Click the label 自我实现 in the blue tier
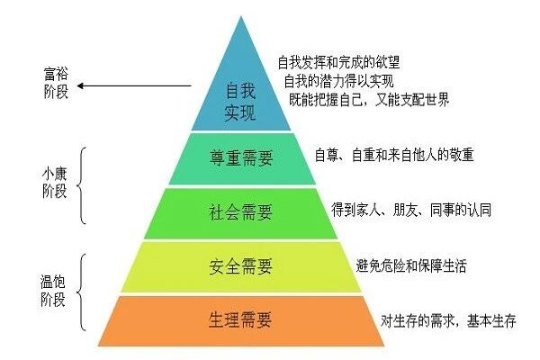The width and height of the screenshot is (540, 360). [x=239, y=102]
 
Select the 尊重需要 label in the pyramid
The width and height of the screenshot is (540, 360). [x=240, y=158]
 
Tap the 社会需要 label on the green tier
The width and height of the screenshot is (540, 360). [x=240, y=213]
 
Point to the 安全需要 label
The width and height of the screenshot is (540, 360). [x=240, y=267]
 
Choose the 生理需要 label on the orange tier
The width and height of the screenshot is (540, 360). [x=240, y=319]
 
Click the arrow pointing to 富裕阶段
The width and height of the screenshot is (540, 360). [x=135, y=87]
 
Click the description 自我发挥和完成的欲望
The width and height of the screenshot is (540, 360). [x=338, y=62]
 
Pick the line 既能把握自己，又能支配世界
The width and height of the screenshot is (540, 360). [x=369, y=99]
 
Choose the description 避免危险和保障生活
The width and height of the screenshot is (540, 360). [x=411, y=266]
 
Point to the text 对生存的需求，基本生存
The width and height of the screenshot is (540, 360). [x=447, y=321]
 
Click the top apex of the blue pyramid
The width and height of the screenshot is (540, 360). [x=242, y=15]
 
